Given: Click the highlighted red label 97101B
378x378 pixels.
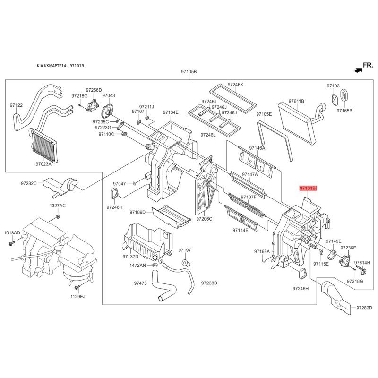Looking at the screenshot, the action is pos(308,188).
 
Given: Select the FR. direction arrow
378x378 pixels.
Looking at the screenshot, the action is pos(358,70).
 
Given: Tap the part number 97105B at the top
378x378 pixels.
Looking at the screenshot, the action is pos(189,72).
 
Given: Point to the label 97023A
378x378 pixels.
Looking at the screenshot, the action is pos(43,164).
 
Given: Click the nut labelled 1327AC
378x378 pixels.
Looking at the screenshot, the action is pos(58,217).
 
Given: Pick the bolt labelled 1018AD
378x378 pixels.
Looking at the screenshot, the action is pos(12,243).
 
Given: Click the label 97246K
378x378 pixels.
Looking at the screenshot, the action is pos(235,85).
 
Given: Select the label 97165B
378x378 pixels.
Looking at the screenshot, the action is pos(344,111).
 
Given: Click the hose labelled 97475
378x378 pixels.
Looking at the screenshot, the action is pos(164,287).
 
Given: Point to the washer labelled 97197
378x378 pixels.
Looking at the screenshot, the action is pos(185,262).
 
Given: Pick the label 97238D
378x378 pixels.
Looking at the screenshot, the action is pos(209,283).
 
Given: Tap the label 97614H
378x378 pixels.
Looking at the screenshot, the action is pos(362,263).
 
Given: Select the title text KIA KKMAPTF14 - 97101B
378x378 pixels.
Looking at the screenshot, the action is pos(60,66).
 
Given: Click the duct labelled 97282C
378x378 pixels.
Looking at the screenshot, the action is pos(60,186).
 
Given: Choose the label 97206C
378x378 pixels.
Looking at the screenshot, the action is pos(204,219).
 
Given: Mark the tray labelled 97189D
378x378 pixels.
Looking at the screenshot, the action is pos(171,216).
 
